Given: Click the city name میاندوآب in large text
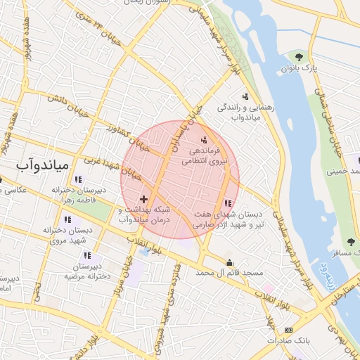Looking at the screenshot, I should (x=41, y=165).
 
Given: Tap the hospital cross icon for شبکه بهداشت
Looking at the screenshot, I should (x=144, y=200).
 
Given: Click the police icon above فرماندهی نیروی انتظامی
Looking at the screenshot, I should (x=205, y=139).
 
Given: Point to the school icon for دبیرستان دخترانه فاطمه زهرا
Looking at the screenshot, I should (x=77, y=179).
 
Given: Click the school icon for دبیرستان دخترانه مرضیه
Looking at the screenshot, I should (x=77, y=258).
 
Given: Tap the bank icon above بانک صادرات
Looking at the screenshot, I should (x=288, y=330).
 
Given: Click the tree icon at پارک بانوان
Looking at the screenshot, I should (x=300, y=56).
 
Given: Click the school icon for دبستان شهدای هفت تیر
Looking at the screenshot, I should (x=226, y=203).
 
